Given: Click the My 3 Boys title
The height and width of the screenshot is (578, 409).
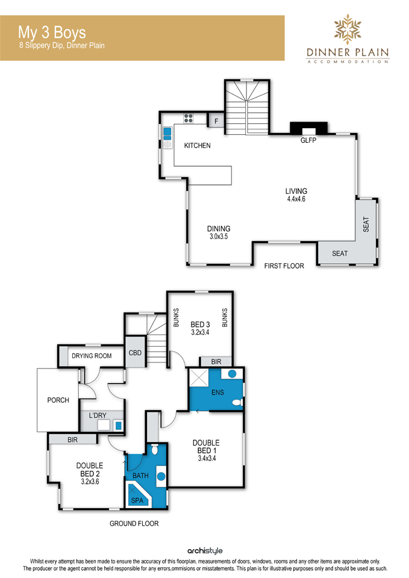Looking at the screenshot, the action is tap(52, 33).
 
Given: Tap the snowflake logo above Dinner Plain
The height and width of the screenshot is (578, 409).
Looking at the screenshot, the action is tap(348, 29).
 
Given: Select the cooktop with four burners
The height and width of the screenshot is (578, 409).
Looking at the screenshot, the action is tap(189, 118).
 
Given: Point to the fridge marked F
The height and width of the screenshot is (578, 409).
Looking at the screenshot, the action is tap(216, 121).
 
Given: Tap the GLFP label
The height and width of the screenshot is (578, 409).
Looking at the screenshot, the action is tap(308, 140).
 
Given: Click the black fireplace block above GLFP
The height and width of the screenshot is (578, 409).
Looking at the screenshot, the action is tap(308, 128).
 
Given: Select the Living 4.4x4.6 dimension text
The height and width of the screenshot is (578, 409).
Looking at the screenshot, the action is tap(296, 199).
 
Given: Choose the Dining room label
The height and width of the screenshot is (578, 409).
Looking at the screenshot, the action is tap(219, 229).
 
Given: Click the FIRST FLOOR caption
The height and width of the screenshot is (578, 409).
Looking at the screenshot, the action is tap(284, 266).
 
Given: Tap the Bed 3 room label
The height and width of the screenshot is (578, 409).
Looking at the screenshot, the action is tap(200, 325).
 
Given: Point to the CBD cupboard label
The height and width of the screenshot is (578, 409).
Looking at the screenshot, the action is tap(135, 353).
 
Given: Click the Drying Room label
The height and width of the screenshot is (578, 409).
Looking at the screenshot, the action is tap(92, 356).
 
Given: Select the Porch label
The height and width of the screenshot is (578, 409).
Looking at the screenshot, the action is tap(58, 400).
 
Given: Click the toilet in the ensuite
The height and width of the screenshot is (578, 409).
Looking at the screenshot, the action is tap(237, 402).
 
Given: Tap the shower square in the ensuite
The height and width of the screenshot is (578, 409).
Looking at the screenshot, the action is tap(199, 378).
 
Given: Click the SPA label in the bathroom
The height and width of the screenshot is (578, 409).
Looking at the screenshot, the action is tap(137, 500).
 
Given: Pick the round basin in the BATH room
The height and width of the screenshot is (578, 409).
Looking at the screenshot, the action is tap(161, 476).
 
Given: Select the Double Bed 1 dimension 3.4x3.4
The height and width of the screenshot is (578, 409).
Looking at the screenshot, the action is tap(207, 459).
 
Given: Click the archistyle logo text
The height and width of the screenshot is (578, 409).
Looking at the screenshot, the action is tap(205, 551).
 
